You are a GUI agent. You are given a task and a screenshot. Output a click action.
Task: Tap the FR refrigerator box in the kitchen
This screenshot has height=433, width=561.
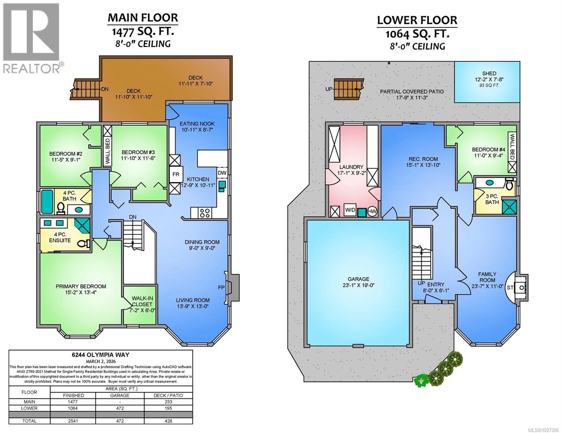(176, 174)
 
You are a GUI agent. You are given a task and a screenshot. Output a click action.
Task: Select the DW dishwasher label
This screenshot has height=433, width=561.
(222, 173)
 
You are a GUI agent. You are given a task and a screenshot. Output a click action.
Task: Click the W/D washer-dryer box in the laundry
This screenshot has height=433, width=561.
(349, 210)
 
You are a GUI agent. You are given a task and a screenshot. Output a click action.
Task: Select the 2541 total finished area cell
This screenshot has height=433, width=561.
(73, 421)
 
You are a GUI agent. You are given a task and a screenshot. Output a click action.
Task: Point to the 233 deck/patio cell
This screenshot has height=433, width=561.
(168, 402)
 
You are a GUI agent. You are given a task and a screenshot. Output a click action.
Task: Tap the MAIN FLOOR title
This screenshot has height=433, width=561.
(143, 17)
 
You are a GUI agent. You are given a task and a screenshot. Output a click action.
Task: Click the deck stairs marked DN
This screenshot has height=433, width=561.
(86, 89)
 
